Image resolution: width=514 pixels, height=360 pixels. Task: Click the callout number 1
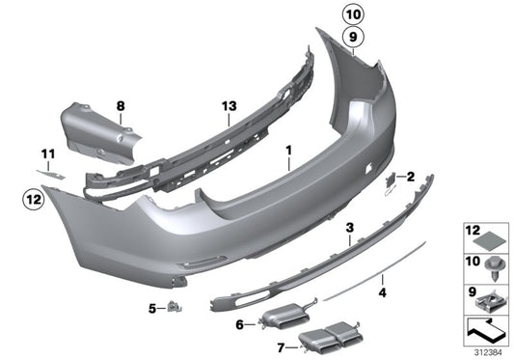click(287, 151)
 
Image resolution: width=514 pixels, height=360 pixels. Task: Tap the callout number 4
click(383, 289)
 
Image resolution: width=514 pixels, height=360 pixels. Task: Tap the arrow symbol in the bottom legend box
click(487, 329)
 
